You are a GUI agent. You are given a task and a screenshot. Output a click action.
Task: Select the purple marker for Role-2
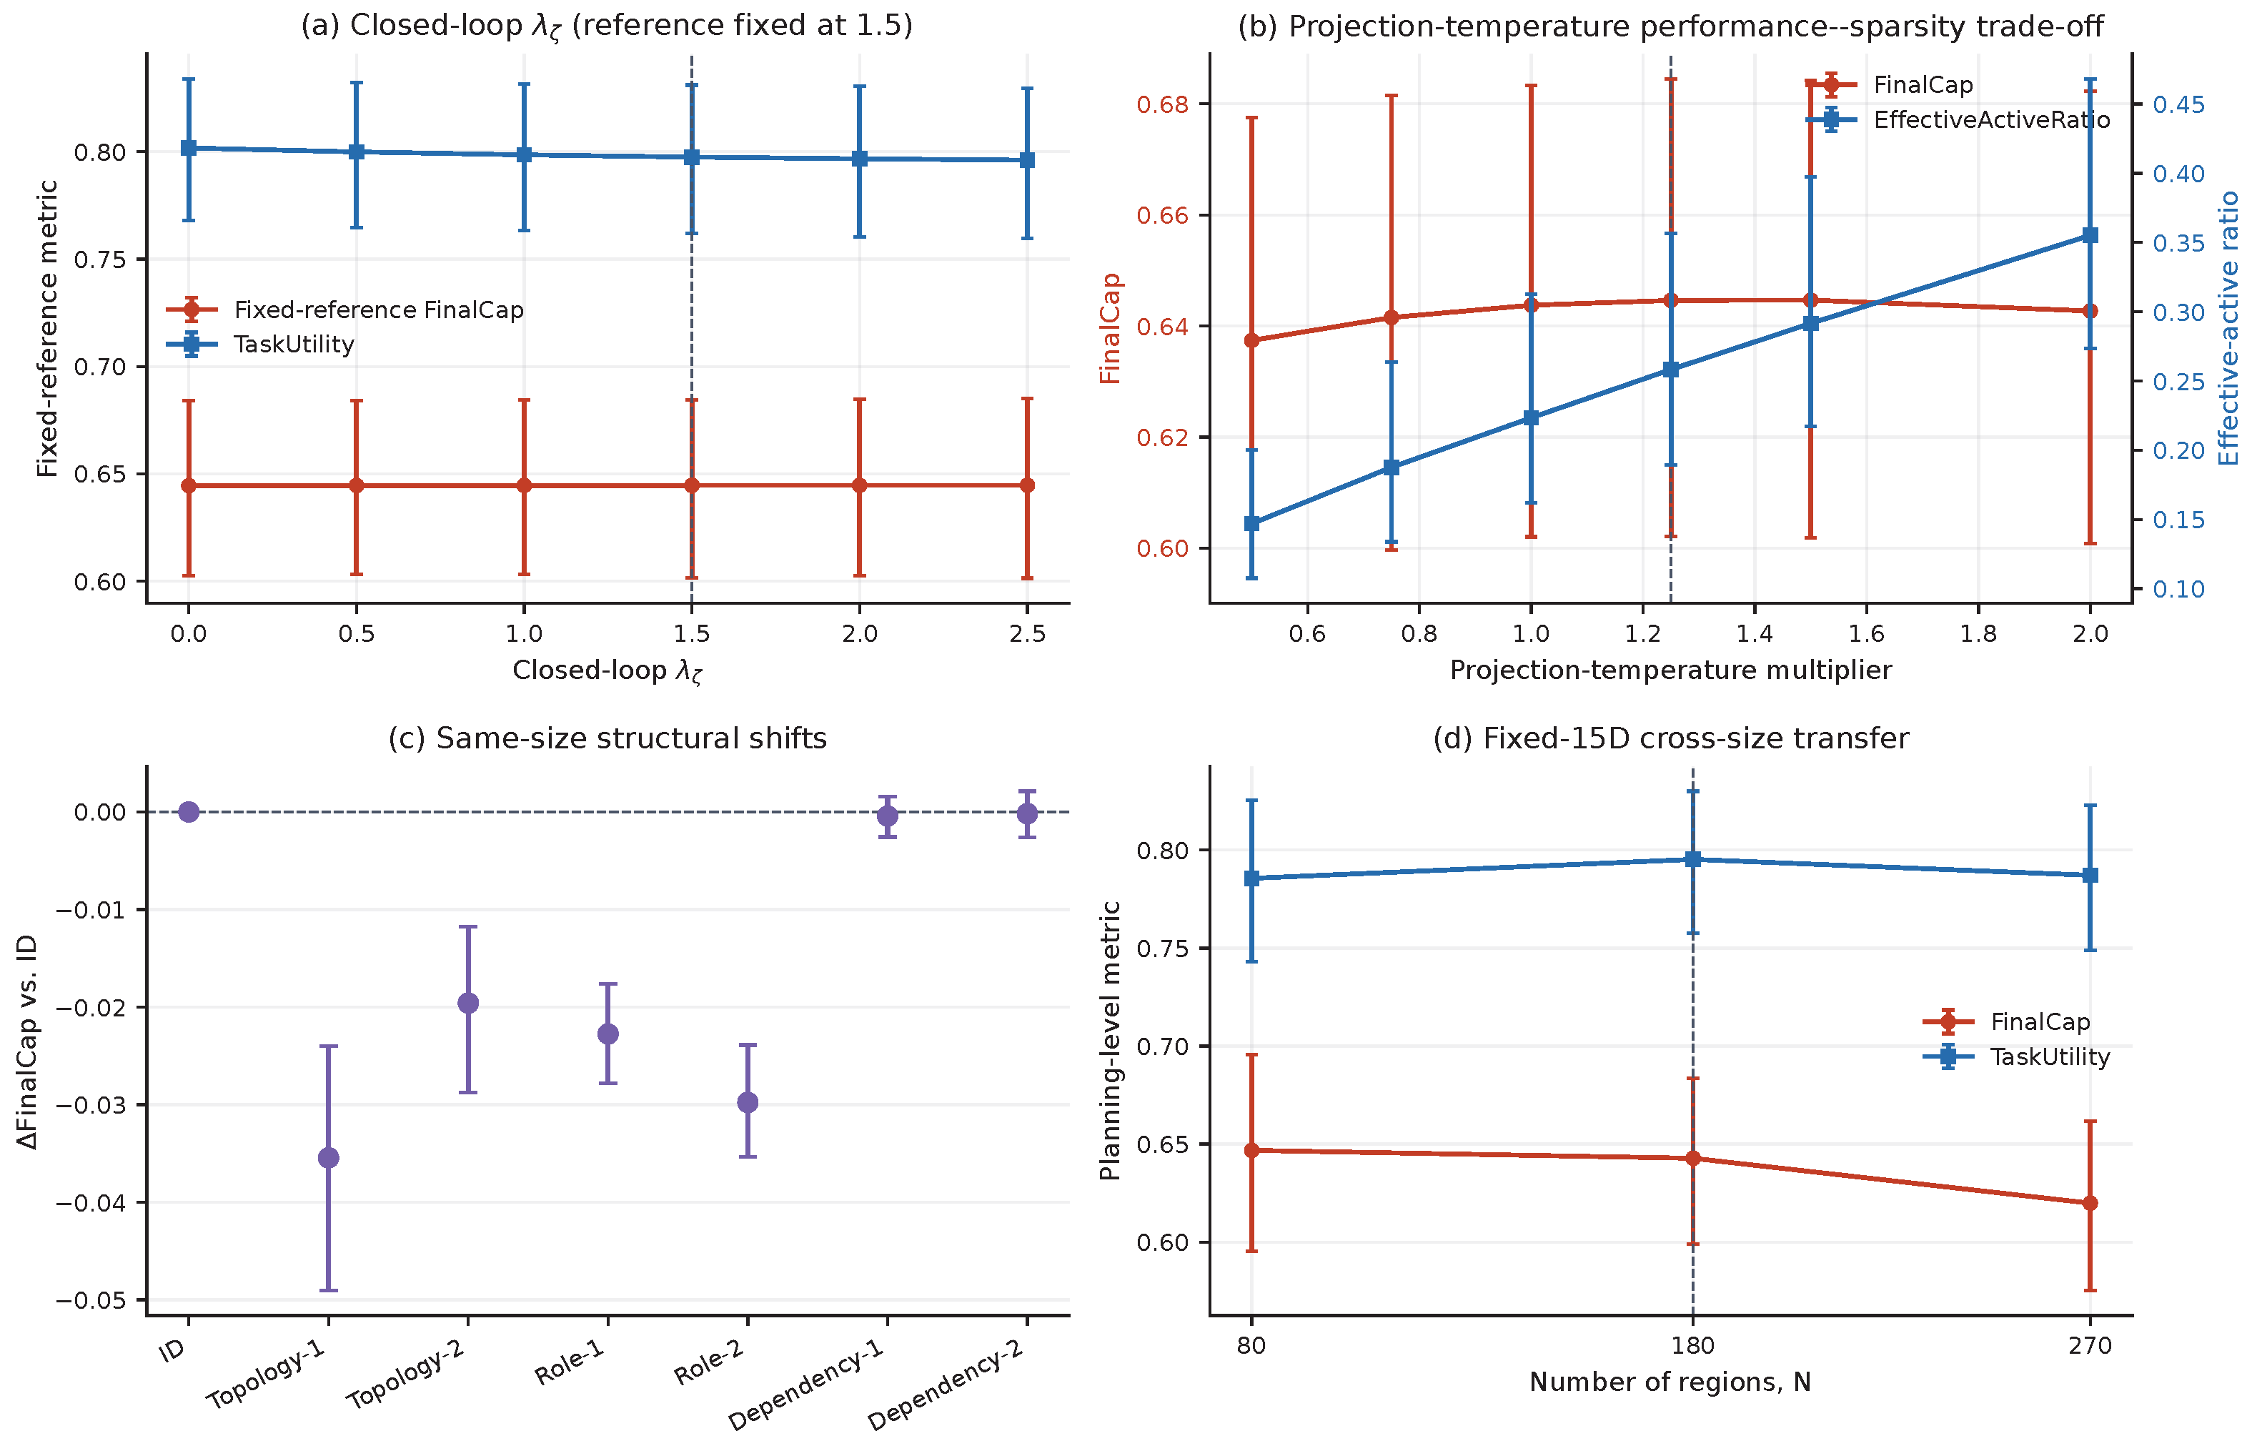coord(748,1102)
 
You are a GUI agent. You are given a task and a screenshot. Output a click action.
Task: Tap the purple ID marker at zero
coord(189,811)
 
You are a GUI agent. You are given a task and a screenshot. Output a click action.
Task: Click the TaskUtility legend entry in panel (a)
coord(261,345)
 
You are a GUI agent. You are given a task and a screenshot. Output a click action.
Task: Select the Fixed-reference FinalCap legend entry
coord(345,310)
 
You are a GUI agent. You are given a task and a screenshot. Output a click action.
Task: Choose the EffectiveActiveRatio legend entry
coord(1958,120)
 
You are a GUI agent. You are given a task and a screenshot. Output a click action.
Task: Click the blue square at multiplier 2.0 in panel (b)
coord(2090,236)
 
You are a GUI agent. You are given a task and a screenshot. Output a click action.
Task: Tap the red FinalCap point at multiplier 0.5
coord(1252,341)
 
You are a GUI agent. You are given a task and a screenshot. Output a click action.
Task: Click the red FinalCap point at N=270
coord(2090,1203)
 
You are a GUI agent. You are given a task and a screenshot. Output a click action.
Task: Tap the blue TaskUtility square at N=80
coord(1252,878)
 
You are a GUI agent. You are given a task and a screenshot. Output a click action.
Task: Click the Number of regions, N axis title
coord(1671,1382)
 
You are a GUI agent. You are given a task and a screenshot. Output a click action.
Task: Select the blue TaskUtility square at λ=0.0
coord(189,148)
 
